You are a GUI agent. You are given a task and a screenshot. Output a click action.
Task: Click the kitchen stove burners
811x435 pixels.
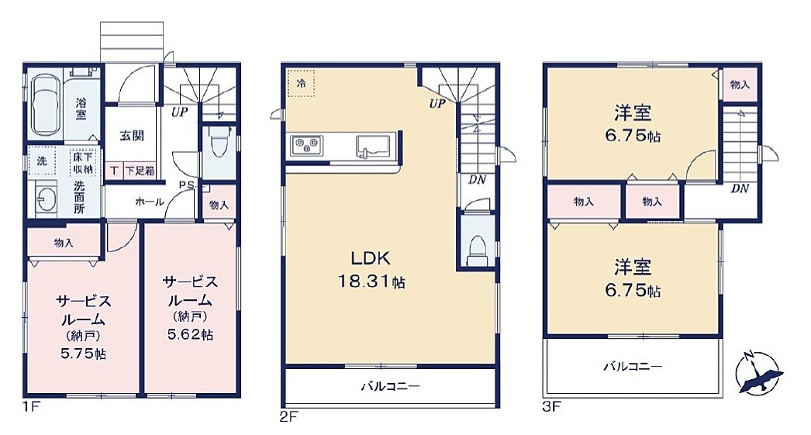[x=307, y=145]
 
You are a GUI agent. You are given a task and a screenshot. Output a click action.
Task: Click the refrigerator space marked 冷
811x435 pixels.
[x=301, y=83]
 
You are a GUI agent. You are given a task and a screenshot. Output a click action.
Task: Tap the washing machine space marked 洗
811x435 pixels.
[x=41, y=161]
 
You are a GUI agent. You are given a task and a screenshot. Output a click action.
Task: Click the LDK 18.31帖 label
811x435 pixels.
[x=371, y=270]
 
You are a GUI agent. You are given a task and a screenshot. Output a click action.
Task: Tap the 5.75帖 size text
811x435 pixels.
[x=83, y=354]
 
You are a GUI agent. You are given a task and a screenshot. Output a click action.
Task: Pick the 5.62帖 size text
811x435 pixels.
[x=190, y=335]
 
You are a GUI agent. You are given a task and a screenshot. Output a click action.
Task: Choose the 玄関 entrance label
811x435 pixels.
[x=132, y=136]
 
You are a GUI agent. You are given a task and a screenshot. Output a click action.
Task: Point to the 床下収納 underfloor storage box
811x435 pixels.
[x=83, y=162]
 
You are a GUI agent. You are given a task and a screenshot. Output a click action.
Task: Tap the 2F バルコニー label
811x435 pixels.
[x=391, y=386]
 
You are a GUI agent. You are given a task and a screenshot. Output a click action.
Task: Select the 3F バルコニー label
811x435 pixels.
[x=633, y=368]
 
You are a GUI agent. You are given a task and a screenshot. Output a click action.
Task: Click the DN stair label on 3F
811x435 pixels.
[x=740, y=188]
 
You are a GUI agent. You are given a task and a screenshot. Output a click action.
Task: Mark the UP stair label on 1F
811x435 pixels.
[x=180, y=112]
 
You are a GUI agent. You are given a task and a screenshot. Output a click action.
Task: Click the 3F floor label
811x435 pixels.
[x=551, y=406]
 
